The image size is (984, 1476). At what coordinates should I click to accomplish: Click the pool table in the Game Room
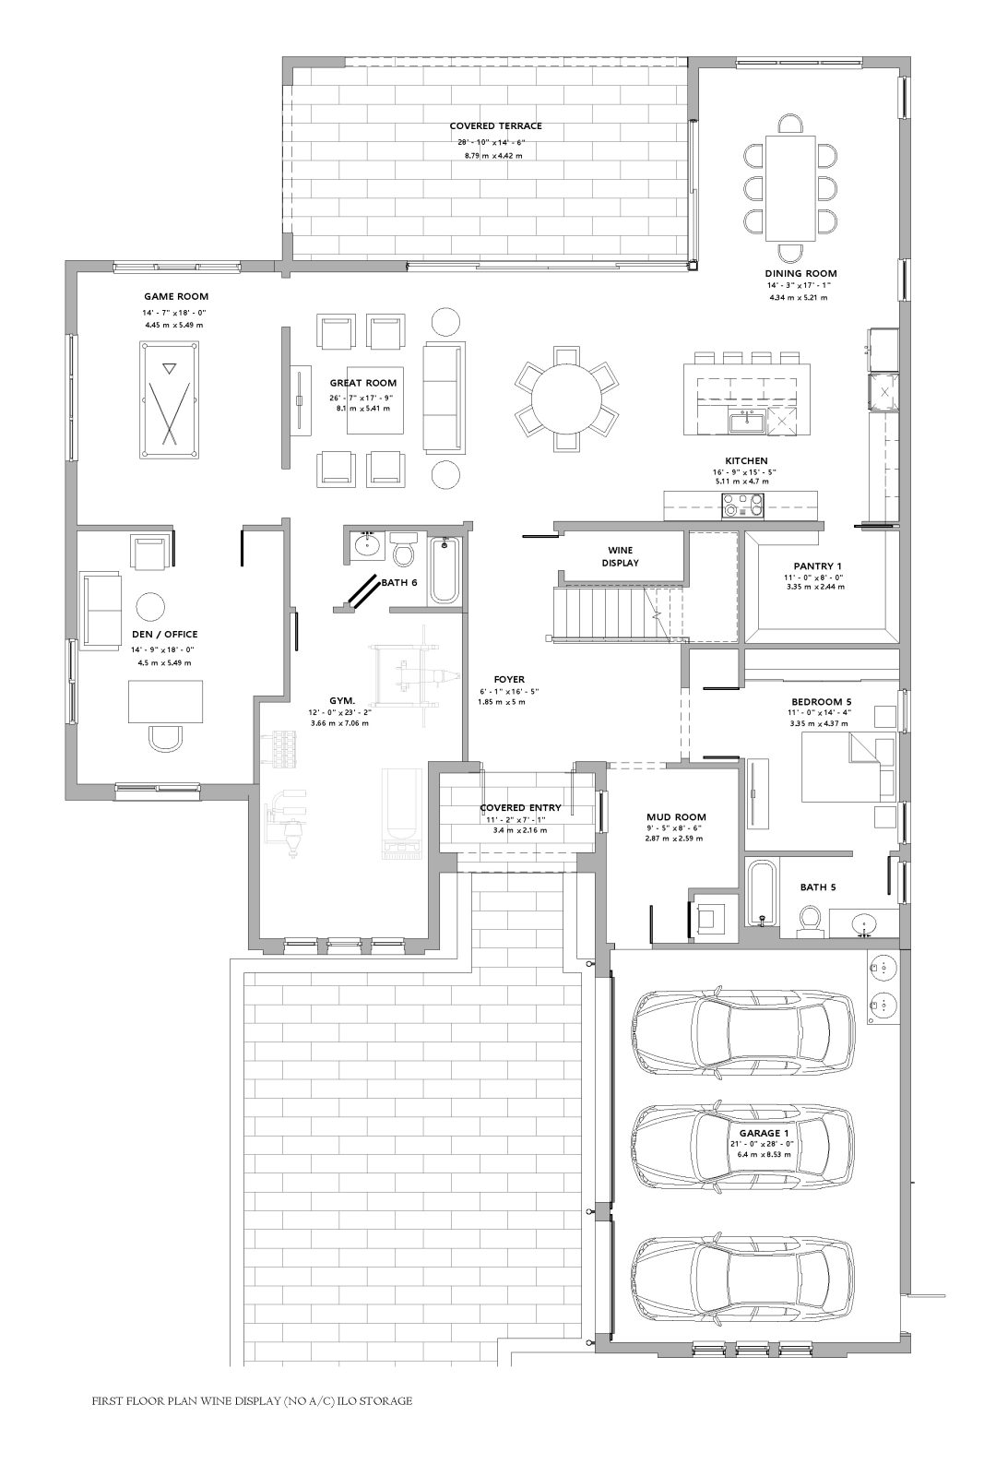pyautogui.click(x=170, y=399)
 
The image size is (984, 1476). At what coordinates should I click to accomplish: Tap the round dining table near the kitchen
pyautogui.click(x=566, y=399)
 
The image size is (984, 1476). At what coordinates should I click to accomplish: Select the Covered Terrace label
pyautogui.click(x=495, y=125)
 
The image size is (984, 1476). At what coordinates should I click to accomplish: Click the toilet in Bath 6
pyautogui.click(x=404, y=550)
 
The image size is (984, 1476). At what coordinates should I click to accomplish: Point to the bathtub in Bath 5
pyautogui.click(x=762, y=892)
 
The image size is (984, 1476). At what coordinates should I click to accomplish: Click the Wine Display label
pyautogui.click(x=620, y=556)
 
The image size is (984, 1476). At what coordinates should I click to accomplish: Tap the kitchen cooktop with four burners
pyautogui.click(x=743, y=506)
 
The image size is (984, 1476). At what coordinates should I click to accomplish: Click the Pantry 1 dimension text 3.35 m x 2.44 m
pyautogui.click(x=815, y=587)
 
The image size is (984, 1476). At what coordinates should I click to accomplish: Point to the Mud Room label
pyautogui.click(x=676, y=817)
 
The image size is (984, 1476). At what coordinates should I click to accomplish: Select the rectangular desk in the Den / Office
pyautogui.click(x=165, y=702)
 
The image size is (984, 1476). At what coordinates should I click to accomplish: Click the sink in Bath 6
pyautogui.click(x=363, y=545)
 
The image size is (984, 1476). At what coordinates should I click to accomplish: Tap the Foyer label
pyautogui.click(x=509, y=679)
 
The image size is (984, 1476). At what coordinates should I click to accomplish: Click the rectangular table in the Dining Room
pyautogui.click(x=789, y=188)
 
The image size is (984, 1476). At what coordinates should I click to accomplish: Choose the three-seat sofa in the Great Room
pyautogui.click(x=444, y=397)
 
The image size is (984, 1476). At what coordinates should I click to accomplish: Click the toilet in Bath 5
pyautogui.click(x=809, y=920)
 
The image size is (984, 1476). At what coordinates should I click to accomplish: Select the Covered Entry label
pyautogui.click(x=520, y=807)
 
